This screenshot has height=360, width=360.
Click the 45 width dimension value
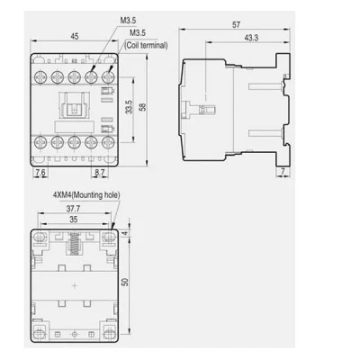[75, 36]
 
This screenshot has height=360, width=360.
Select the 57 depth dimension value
[236, 24]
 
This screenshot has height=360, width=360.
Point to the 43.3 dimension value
[251, 38]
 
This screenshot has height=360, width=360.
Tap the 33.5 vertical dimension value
[129, 107]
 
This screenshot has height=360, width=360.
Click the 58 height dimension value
[143, 107]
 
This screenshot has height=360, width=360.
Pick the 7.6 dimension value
[40, 173]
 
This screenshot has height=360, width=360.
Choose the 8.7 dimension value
[100, 173]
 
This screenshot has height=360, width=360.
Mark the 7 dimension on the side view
[283, 171]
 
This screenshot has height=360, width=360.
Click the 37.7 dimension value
[73, 209]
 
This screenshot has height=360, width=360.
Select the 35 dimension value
[74, 220]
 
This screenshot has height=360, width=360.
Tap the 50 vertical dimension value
[125, 282]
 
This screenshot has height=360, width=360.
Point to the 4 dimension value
[126, 233]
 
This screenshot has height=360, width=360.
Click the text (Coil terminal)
[146, 45]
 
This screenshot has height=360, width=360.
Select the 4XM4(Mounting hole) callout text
[86, 195]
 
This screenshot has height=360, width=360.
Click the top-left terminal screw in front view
[40, 77]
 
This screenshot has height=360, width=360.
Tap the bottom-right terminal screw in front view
[108, 141]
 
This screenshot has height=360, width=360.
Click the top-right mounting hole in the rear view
[109, 238]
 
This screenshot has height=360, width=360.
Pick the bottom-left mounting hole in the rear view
[40, 333]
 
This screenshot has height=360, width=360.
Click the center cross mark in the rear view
[75, 285]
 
